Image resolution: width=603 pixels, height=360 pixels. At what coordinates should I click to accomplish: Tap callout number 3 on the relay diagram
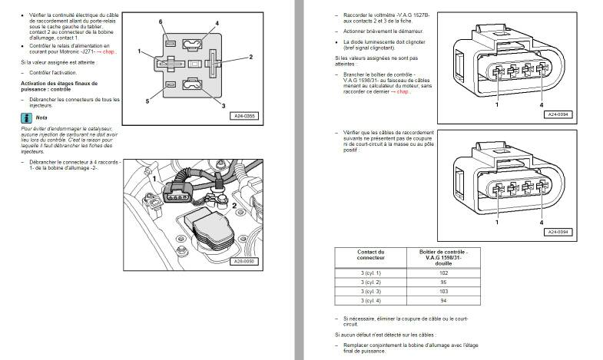click(224, 104)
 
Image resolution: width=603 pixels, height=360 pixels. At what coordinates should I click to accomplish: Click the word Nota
click(41, 117)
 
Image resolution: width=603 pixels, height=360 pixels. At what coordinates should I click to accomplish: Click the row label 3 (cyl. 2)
click(370, 282)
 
